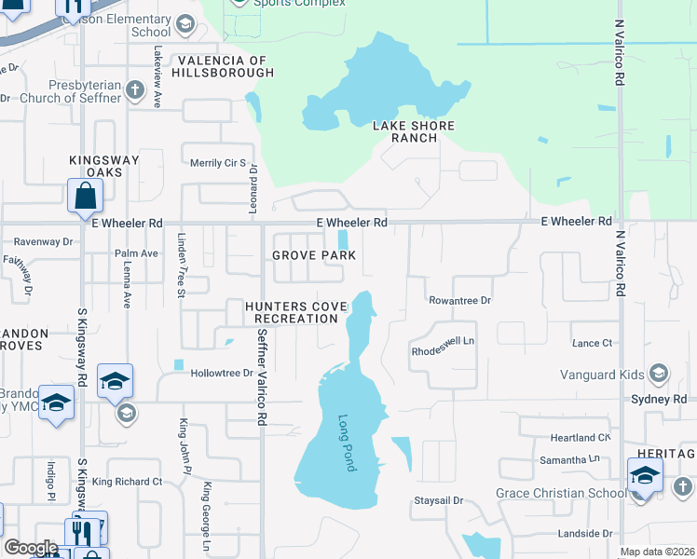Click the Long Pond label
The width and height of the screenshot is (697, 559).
(x=347, y=443)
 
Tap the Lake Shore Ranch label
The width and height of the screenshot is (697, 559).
(x=414, y=131)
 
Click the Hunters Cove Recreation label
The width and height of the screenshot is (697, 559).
(x=292, y=312)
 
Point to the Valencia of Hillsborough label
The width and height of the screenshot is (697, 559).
(x=221, y=66)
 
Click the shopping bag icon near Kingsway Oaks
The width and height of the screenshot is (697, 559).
(x=85, y=197)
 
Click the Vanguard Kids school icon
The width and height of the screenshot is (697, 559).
(x=659, y=375)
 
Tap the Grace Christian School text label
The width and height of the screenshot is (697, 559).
(x=561, y=493)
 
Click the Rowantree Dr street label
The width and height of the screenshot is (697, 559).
(x=459, y=300)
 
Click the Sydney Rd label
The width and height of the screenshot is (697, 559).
(x=663, y=399)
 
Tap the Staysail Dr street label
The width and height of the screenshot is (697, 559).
(x=438, y=501)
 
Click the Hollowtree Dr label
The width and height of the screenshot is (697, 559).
(x=222, y=373)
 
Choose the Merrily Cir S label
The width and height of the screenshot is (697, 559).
(x=217, y=162)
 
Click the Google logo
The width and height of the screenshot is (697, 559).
(x=31, y=548)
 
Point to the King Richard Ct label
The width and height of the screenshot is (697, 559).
(x=127, y=482)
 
